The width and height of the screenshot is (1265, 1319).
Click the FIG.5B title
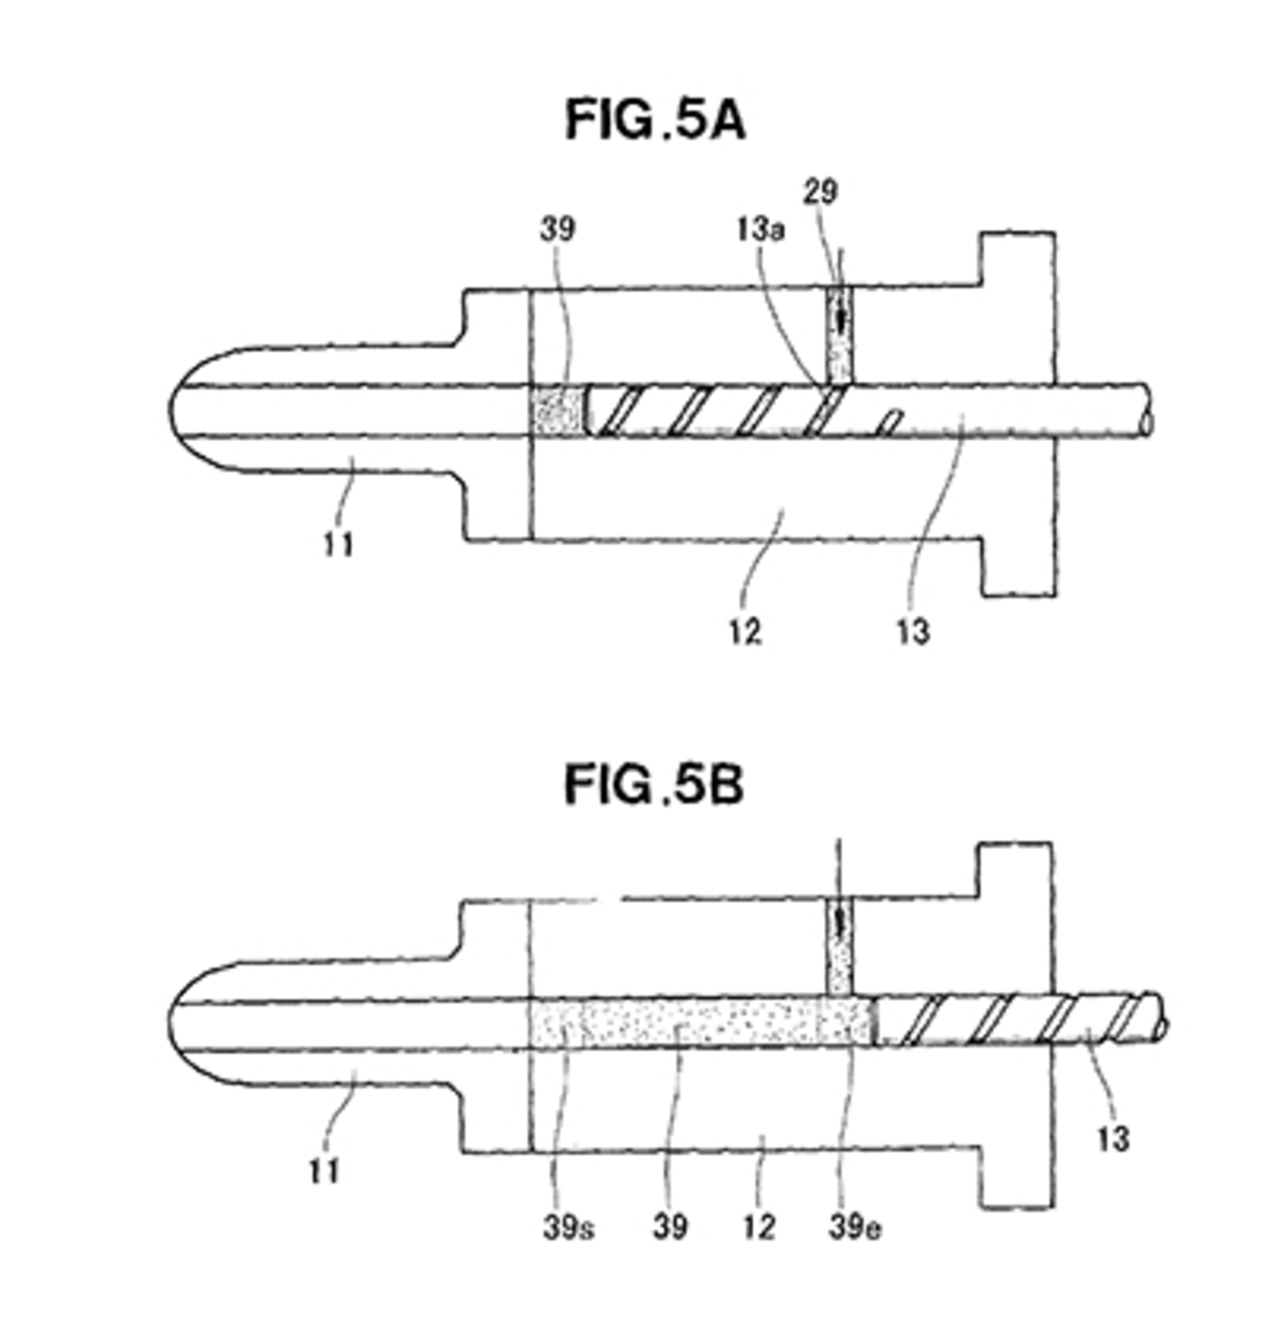coord(654,785)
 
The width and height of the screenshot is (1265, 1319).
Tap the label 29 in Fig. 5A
coord(820,193)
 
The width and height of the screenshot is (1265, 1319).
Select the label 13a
coord(760,230)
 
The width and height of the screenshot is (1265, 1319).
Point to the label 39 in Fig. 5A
coord(557,229)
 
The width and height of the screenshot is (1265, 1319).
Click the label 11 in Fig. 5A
coord(339,544)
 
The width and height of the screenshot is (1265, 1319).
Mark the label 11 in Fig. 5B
coord(324,1173)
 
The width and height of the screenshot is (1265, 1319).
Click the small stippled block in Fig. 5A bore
coord(557,410)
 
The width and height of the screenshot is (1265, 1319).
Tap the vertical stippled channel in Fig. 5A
coord(837,335)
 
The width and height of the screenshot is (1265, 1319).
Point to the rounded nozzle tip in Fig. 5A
coord(195,409)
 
